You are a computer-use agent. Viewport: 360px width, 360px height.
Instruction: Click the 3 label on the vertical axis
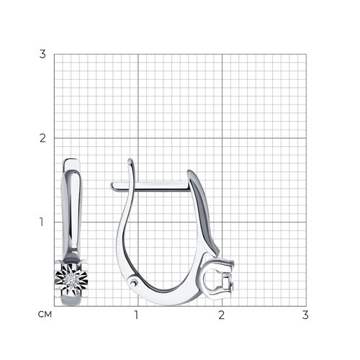pos(42,54)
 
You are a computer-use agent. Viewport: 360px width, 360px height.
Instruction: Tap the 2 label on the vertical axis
pos(42,138)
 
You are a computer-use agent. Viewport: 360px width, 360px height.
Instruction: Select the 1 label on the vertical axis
pos(42,222)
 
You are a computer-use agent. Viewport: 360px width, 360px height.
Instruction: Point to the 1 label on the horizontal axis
pos(137,315)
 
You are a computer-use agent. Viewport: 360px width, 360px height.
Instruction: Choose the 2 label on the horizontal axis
pos(222,315)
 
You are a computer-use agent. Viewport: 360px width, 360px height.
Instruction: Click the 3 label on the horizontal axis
pos(305,315)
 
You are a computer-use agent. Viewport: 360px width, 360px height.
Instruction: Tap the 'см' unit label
pos(45,315)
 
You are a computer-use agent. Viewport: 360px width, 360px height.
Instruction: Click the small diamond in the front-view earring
pos(71,279)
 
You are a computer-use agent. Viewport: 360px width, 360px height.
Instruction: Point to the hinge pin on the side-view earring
pos(133,283)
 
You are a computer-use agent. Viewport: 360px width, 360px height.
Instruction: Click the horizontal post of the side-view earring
pos(150,186)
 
